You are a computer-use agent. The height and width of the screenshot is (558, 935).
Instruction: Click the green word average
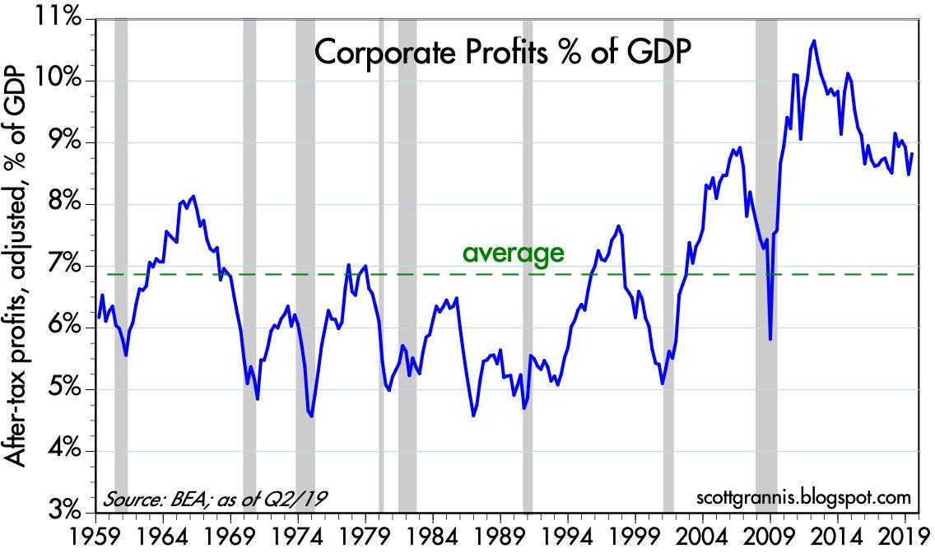(514, 253)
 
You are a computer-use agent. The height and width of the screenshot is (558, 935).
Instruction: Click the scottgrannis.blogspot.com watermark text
(803, 498)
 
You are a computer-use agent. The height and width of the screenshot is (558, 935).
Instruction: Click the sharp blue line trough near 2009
(770, 338)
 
